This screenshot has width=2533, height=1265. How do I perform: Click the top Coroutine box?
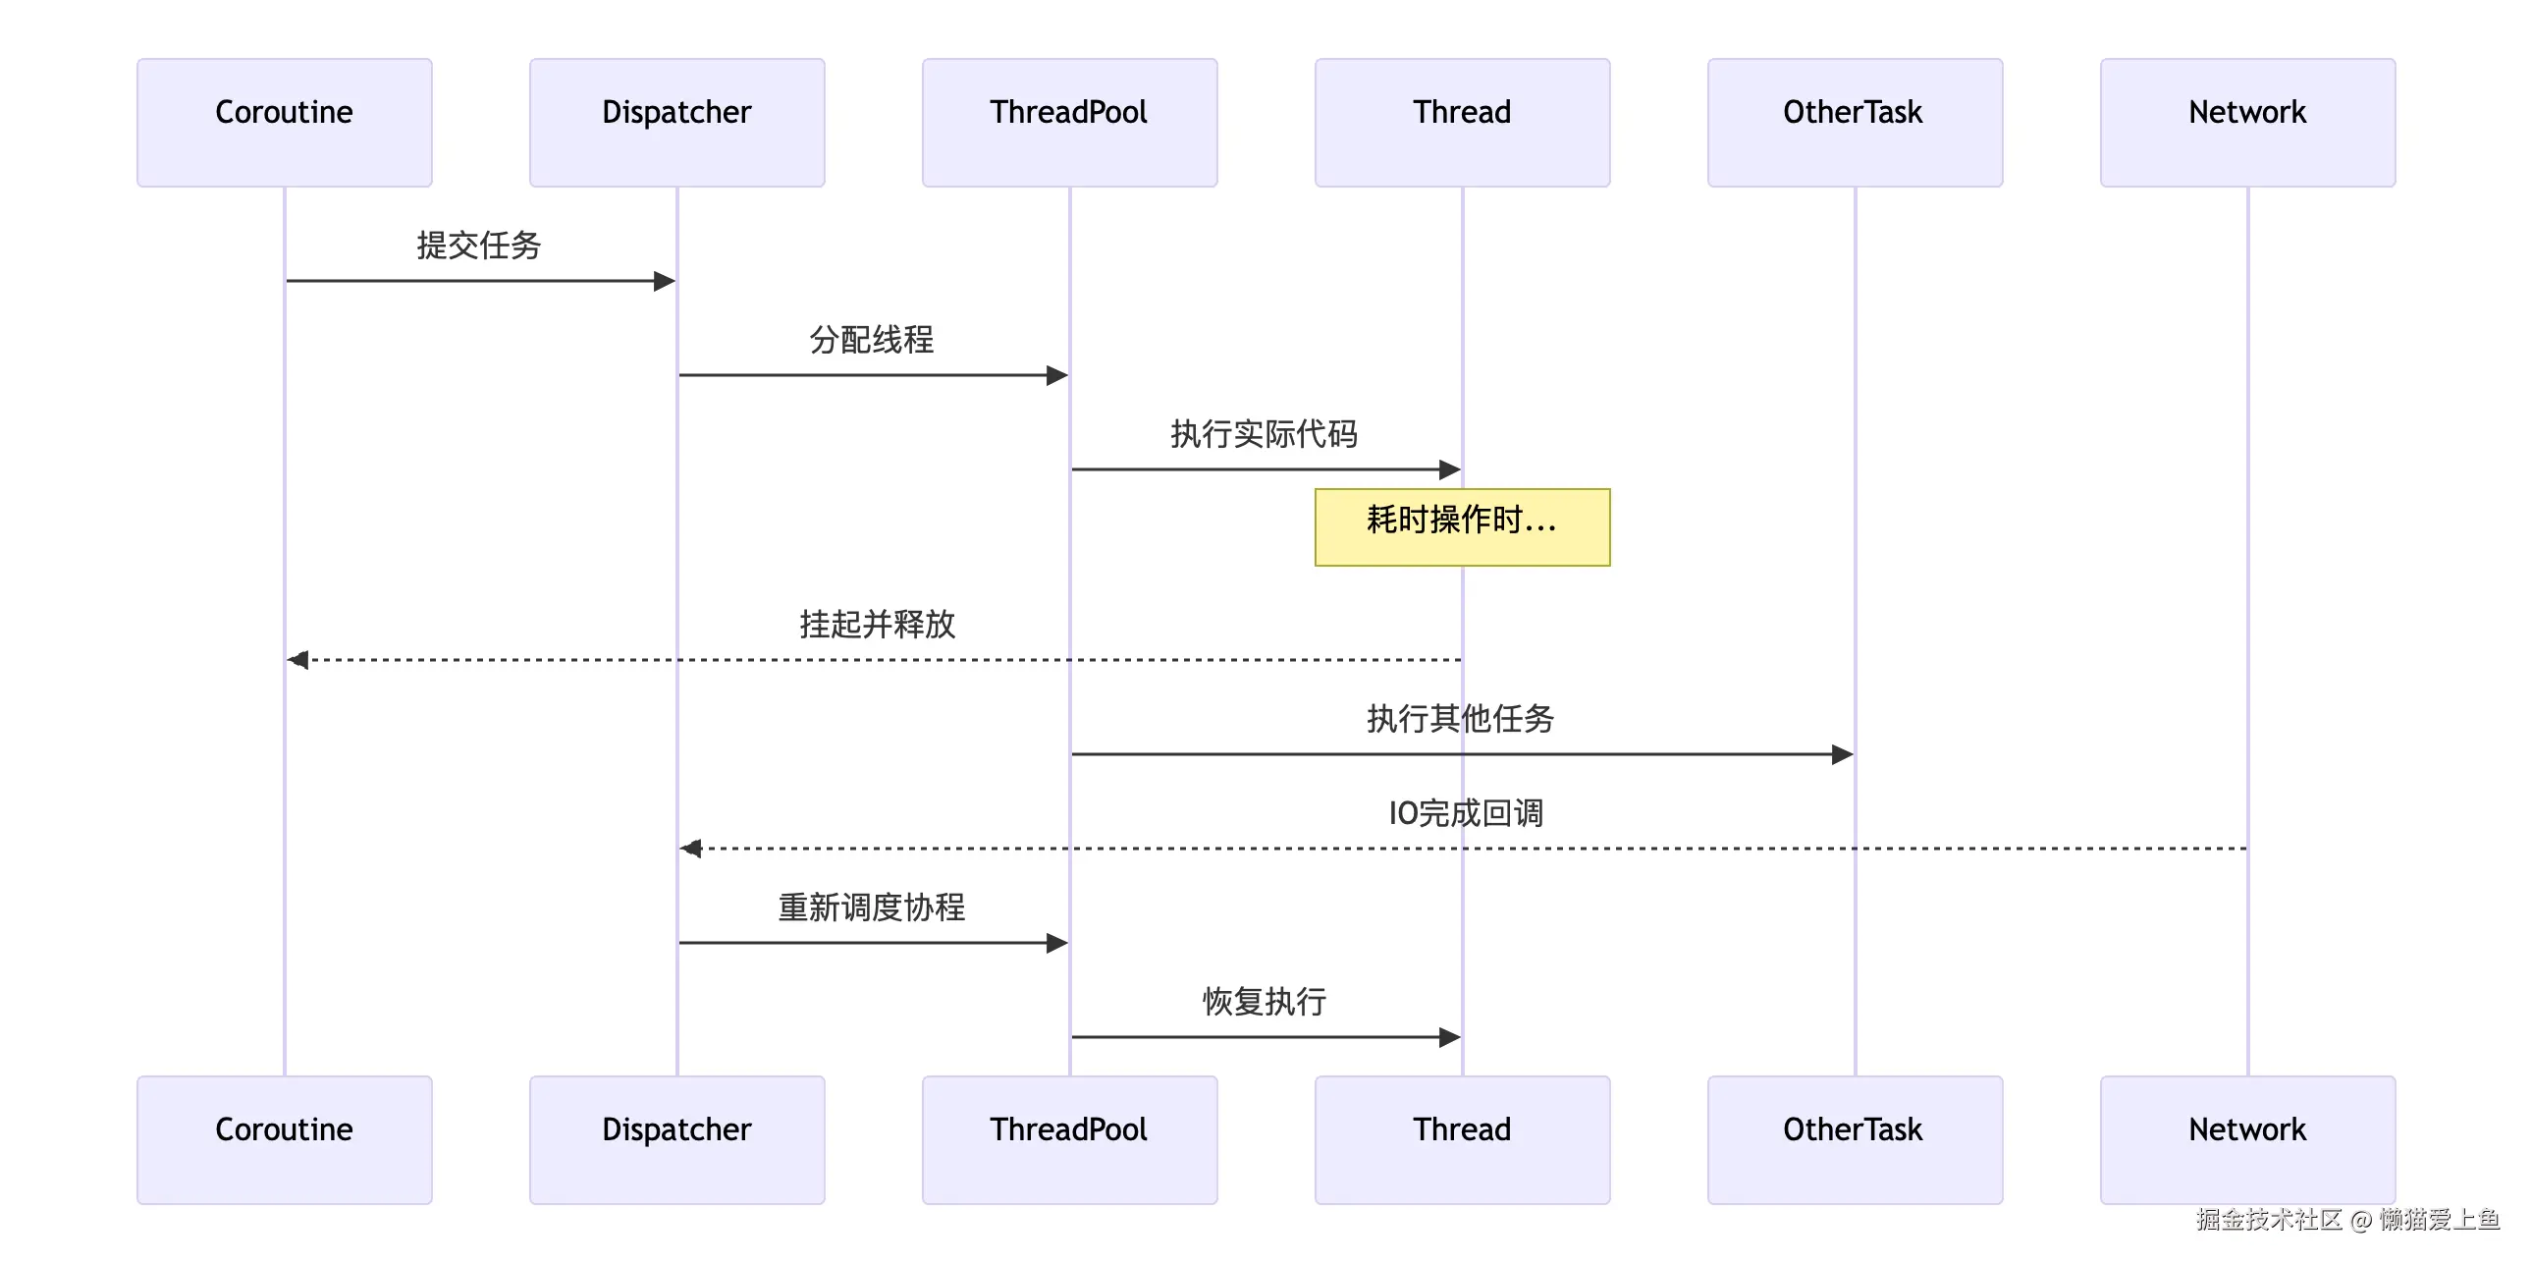[x=284, y=122]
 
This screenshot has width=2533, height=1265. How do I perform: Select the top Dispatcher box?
[x=676, y=122]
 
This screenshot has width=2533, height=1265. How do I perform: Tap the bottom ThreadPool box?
[x=1069, y=1139]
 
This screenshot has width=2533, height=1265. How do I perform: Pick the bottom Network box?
[x=2247, y=1139]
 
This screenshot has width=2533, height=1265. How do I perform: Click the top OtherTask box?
[x=1855, y=122]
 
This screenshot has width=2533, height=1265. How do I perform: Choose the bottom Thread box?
[x=1462, y=1139]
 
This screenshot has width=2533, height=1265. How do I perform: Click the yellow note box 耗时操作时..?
[x=1462, y=526]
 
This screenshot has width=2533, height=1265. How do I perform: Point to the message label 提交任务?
[x=479, y=245]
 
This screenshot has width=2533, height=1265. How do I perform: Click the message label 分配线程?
[x=871, y=340]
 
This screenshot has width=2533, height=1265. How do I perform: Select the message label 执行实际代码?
[x=1264, y=434]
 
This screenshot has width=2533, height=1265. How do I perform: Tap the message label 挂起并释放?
[x=877, y=624]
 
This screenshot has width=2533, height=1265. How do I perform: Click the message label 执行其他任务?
[x=1460, y=718]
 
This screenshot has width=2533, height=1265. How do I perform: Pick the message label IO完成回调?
[x=1465, y=812]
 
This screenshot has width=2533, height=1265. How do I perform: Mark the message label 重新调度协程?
[x=871, y=907]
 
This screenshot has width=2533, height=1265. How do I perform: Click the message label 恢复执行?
[x=1264, y=1002]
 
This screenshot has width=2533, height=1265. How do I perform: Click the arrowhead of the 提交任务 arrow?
[x=665, y=281]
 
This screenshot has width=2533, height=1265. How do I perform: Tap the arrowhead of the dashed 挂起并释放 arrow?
[x=297, y=659]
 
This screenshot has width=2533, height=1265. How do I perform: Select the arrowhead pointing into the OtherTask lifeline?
[x=1842, y=754]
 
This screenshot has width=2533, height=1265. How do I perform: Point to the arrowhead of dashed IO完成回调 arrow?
[x=690, y=848]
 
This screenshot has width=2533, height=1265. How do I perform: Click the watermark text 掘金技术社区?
[x=2270, y=1220]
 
